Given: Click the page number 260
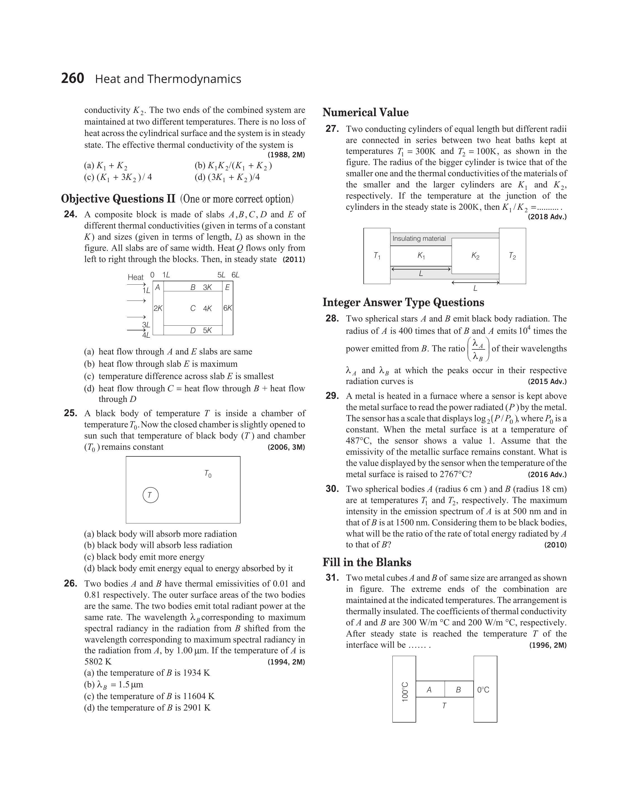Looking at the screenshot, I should point(73,78).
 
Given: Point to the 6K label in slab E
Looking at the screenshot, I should point(227,308).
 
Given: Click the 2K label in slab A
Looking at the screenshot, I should point(158,309).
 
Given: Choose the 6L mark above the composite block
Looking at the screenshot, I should point(235,275).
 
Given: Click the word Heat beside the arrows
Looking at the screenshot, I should point(135,277).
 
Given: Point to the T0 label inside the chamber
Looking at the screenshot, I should point(208,474).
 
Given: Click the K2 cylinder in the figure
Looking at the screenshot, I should point(475,256).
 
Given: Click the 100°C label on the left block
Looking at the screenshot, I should point(405,692).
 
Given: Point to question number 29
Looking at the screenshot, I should point(332,396).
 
